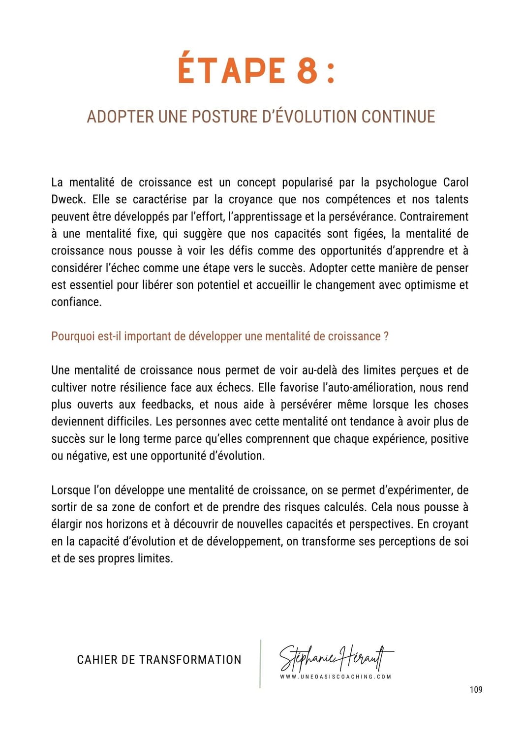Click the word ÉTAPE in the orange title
coord(231,70)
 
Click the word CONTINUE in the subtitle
coord(398,117)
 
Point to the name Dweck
coord(68,200)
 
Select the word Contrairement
coord(434,217)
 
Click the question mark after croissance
coord(386,337)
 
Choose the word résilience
coord(141,388)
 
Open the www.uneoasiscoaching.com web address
coord(336,677)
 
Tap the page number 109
coord(476,690)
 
